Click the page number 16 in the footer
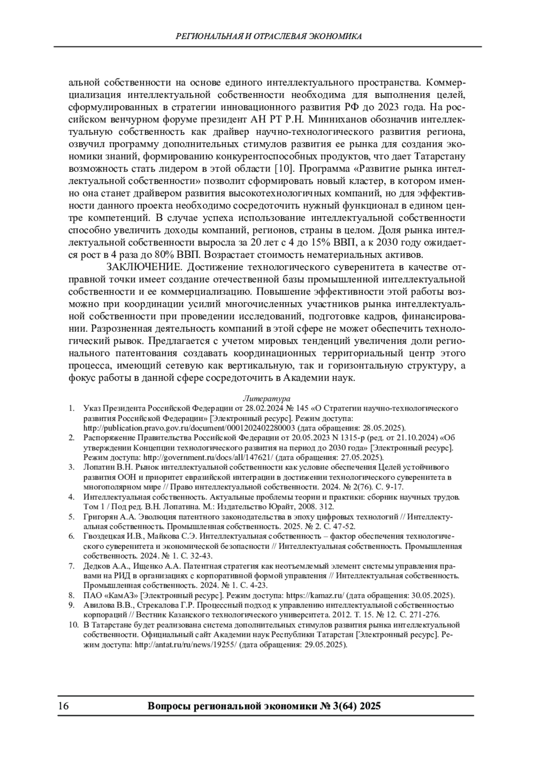(63, 706)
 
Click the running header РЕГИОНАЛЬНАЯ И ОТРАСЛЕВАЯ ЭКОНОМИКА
(269, 36)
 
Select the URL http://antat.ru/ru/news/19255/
(186, 645)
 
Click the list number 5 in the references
(71, 517)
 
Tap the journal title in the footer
(263, 706)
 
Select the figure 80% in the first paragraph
(186, 255)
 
